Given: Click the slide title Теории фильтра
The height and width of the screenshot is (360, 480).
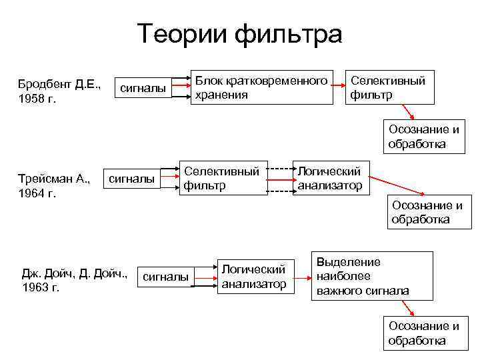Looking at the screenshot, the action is pyautogui.click(x=240, y=34).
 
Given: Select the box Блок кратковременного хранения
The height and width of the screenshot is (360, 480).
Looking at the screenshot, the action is pyautogui.click(x=261, y=87).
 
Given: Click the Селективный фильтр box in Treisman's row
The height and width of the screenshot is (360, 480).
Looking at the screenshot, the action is pyautogui.click(x=221, y=177).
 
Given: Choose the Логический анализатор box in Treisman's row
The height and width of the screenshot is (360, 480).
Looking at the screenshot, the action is pyautogui.click(x=330, y=177).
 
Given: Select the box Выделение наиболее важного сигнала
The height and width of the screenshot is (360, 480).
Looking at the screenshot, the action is pyautogui.click(x=372, y=275).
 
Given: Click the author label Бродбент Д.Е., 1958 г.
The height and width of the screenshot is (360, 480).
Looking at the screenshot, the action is pyautogui.click(x=58, y=92).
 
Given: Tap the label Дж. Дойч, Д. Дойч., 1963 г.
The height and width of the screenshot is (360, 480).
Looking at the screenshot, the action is pyautogui.click(x=74, y=279).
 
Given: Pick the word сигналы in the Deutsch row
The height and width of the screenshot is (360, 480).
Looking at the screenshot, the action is pyautogui.click(x=166, y=277).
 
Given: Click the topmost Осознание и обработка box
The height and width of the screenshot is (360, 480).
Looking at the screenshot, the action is pyautogui.click(x=423, y=136).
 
